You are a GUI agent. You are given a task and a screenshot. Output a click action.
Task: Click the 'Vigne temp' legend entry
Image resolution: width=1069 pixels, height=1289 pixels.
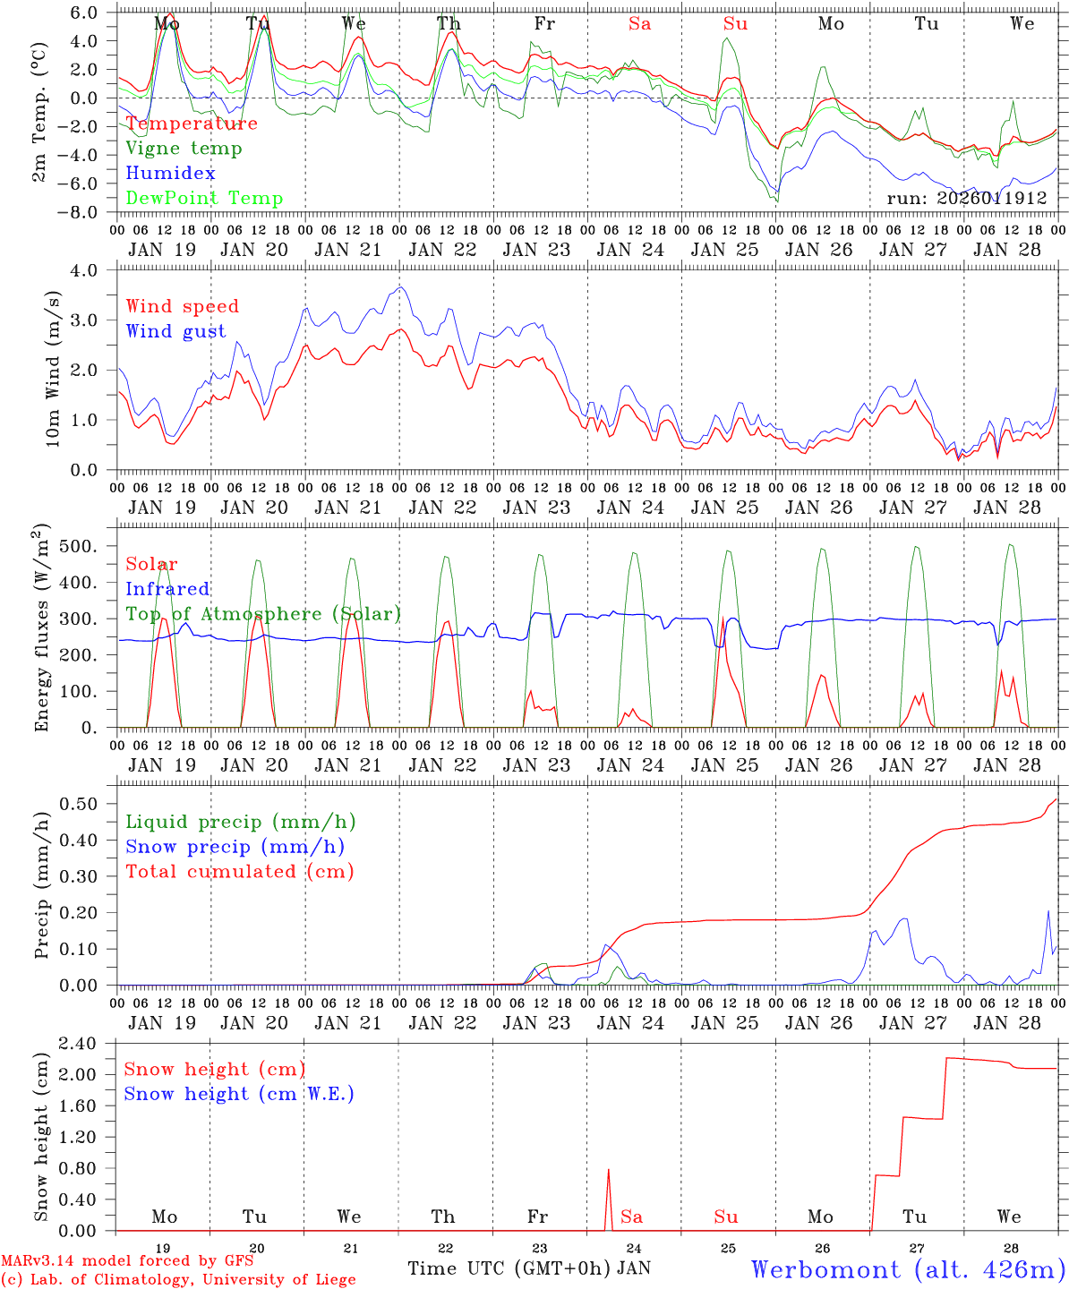click(184, 149)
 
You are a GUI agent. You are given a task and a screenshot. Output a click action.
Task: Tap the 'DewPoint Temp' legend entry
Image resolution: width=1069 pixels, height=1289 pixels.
click(204, 199)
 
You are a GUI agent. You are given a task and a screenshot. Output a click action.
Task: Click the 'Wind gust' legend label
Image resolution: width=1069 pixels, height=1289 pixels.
click(175, 331)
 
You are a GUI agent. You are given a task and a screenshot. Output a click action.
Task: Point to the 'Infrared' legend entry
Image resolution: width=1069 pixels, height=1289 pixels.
click(167, 589)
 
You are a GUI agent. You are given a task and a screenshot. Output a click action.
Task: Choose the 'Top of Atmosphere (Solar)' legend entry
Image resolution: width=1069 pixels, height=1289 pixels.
click(263, 614)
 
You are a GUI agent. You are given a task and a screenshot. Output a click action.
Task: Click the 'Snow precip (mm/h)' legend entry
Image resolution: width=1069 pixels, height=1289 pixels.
click(235, 847)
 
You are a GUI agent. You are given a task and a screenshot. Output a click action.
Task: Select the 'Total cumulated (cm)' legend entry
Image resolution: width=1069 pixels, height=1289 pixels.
click(239, 872)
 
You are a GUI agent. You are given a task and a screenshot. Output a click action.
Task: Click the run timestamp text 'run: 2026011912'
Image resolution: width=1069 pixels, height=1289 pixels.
click(966, 199)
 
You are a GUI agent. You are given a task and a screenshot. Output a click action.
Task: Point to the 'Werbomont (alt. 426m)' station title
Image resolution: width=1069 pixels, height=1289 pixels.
click(908, 1269)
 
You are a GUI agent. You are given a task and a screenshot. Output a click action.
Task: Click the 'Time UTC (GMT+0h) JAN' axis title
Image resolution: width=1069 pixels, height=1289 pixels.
click(529, 1268)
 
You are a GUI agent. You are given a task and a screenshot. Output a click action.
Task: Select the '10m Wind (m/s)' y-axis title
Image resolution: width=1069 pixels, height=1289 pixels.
click(53, 369)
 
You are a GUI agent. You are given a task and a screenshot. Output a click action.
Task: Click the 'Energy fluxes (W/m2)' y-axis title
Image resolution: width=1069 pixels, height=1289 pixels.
click(41, 630)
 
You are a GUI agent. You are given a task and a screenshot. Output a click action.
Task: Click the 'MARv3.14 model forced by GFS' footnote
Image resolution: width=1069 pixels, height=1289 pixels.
click(127, 1261)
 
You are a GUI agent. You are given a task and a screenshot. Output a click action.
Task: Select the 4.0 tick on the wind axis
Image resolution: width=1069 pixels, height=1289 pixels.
click(86, 270)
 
